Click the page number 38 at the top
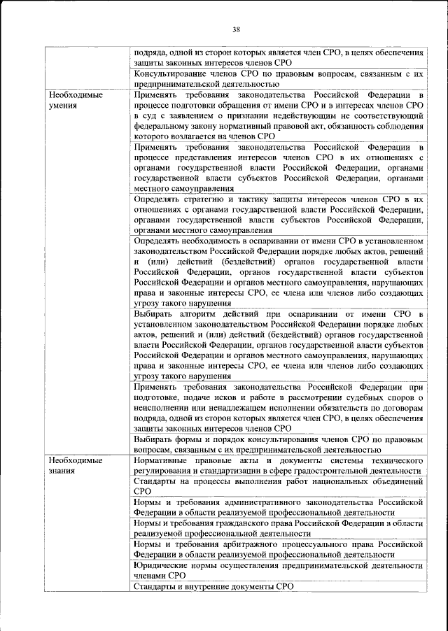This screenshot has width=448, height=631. [x=236, y=29]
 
